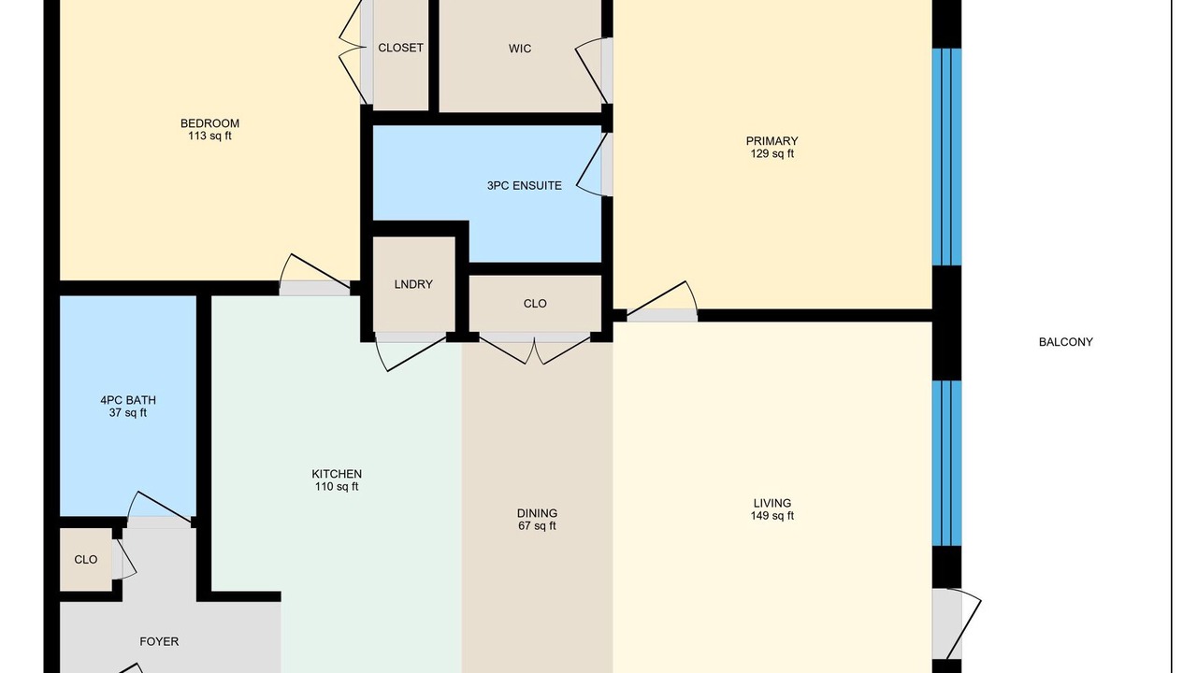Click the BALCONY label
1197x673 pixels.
1065,342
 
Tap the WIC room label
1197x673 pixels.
520,49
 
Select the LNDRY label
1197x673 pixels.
413,284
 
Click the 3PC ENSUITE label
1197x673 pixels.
525,186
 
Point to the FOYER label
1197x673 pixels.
159,641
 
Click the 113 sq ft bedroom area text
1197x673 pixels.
209,136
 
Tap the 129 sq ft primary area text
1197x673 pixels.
772,154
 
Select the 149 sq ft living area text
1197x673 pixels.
772,516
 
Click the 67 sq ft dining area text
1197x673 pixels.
537,525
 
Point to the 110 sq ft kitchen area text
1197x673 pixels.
336,487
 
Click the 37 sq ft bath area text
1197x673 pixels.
128,413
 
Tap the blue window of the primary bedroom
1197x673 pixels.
946,157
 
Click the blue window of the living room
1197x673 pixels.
946,463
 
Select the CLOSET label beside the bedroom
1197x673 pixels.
400,48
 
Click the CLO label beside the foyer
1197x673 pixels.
85,560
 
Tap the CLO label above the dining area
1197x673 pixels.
535,304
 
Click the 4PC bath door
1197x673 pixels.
159,508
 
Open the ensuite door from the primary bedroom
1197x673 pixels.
594,165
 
